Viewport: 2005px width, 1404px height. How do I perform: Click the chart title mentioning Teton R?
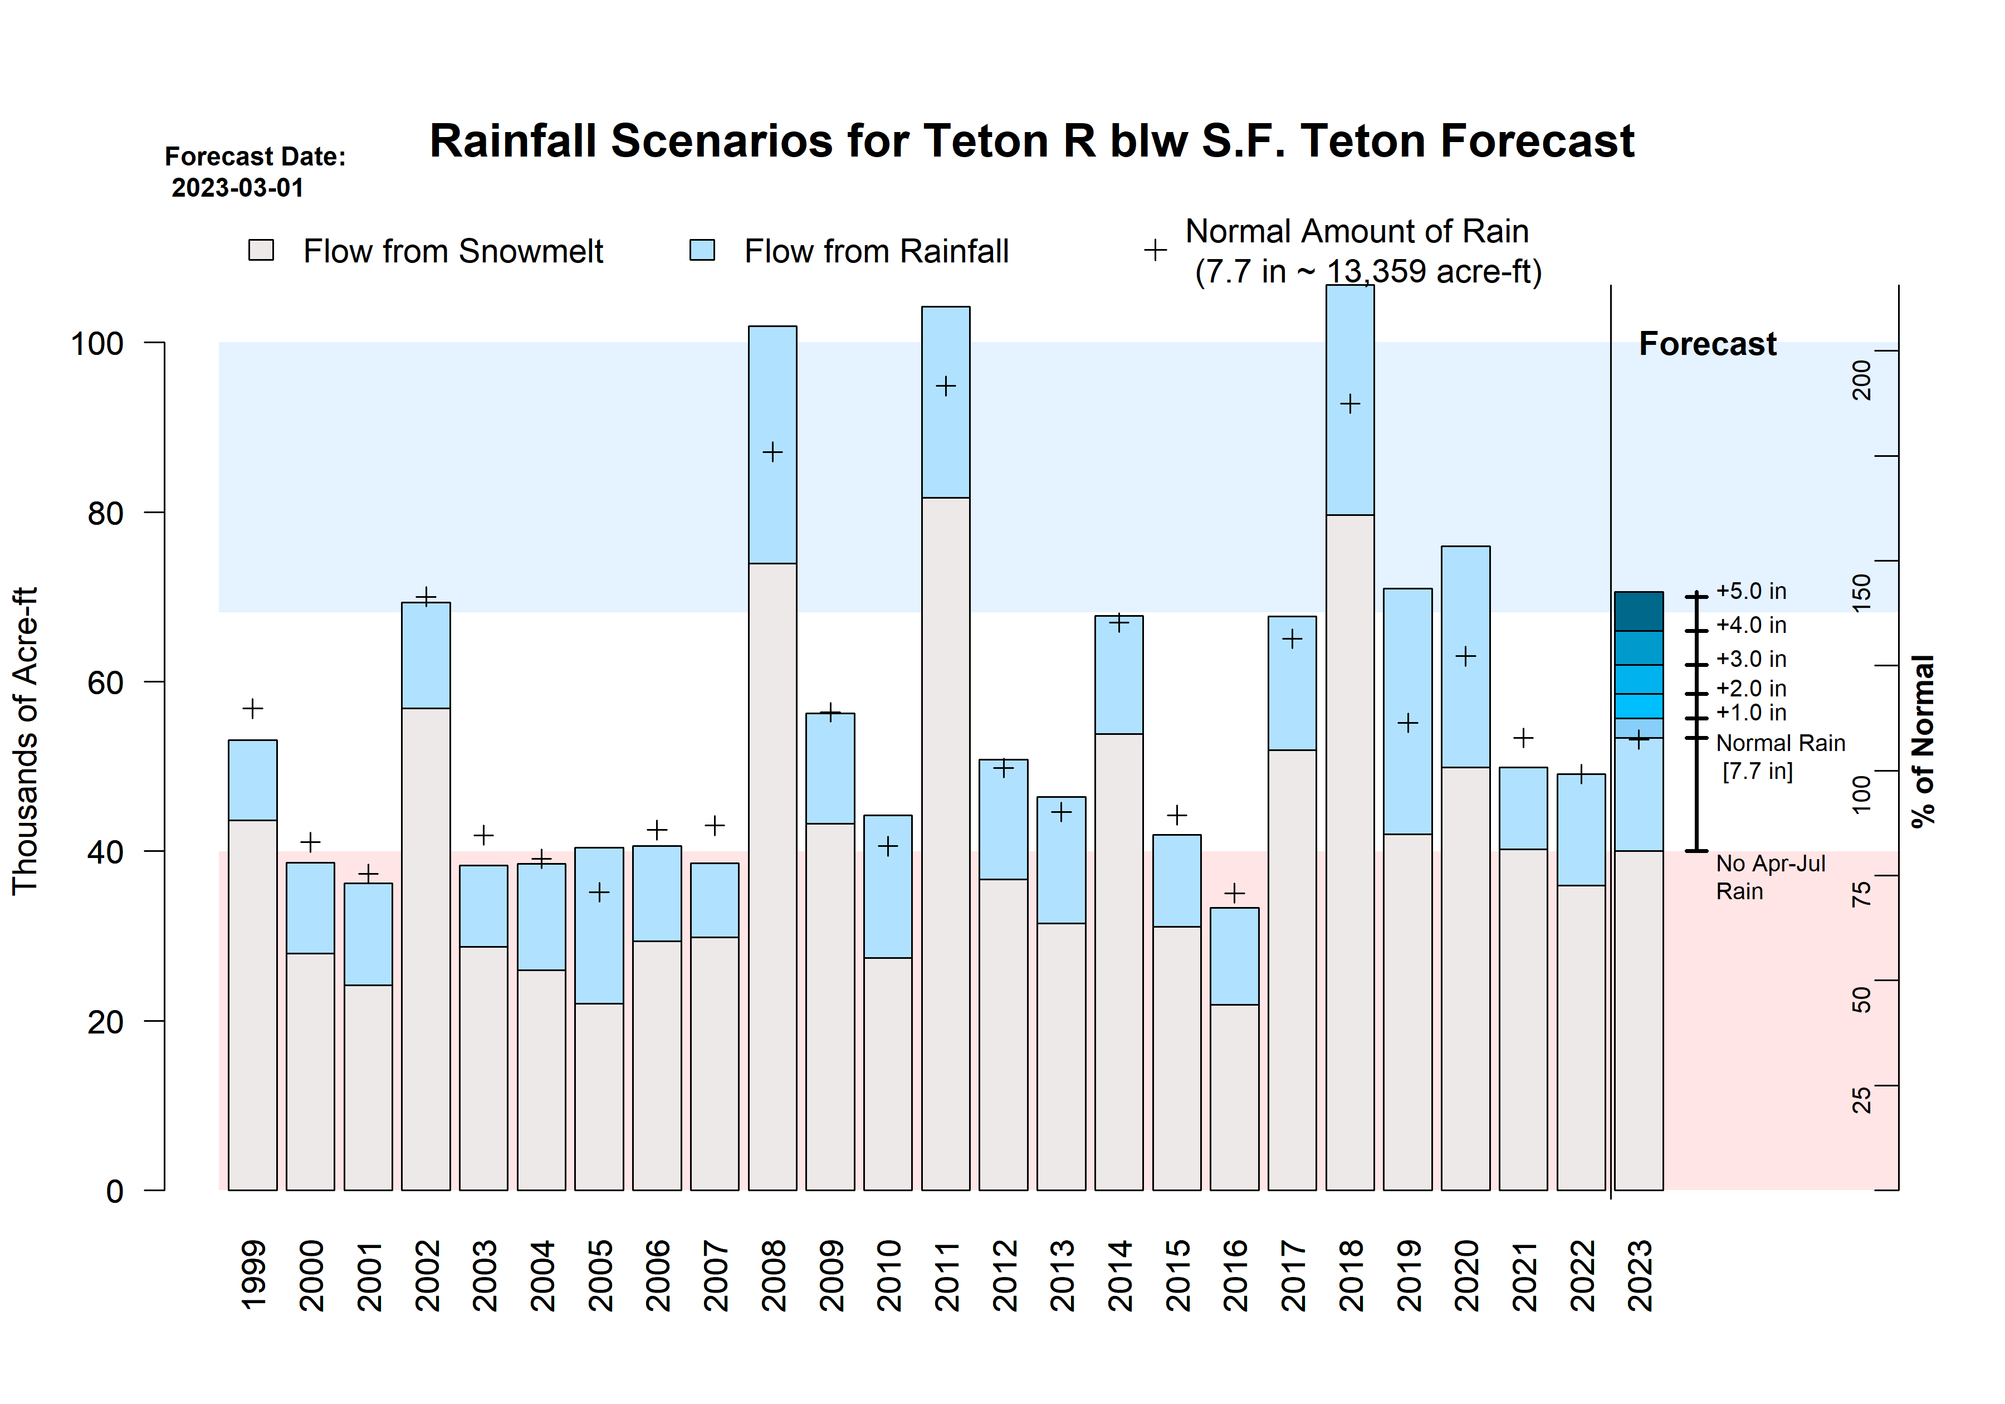[x=1031, y=142]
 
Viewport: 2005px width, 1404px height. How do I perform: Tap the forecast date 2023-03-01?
[x=237, y=188]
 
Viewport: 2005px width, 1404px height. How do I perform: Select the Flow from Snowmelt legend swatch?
[x=261, y=251]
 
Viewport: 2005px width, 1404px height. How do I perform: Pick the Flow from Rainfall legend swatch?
[x=702, y=251]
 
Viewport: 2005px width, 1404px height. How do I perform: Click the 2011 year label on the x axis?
[x=947, y=1275]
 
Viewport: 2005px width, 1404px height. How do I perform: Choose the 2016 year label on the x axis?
[x=1235, y=1275]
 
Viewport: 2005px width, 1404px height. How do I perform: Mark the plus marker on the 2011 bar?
[x=946, y=386]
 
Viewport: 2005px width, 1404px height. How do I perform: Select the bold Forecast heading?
[x=1707, y=344]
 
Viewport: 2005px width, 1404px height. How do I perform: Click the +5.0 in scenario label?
[x=1751, y=592]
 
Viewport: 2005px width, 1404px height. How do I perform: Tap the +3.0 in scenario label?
[x=1751, y=660]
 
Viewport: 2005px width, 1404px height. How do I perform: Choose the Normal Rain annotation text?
[x=1779, y=743]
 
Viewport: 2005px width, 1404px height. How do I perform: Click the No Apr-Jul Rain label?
[x=1769, y=877]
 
